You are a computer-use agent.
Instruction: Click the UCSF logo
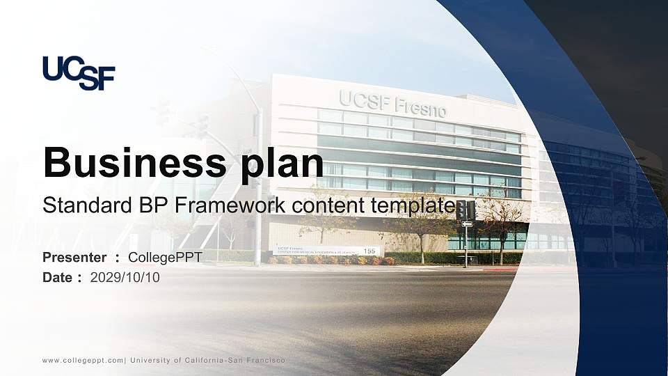79,73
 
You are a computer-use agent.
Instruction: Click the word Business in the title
134,162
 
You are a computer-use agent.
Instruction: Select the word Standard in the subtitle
88,205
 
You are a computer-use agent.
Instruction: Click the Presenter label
74,258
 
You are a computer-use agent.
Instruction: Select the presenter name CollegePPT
166,258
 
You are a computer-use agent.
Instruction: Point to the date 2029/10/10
125,278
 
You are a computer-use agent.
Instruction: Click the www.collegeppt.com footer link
83,361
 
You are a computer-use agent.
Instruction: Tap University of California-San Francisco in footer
207,360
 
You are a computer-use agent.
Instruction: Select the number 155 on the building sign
369,251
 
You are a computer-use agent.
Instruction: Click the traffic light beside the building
466,210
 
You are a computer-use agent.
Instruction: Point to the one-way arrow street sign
467,224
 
